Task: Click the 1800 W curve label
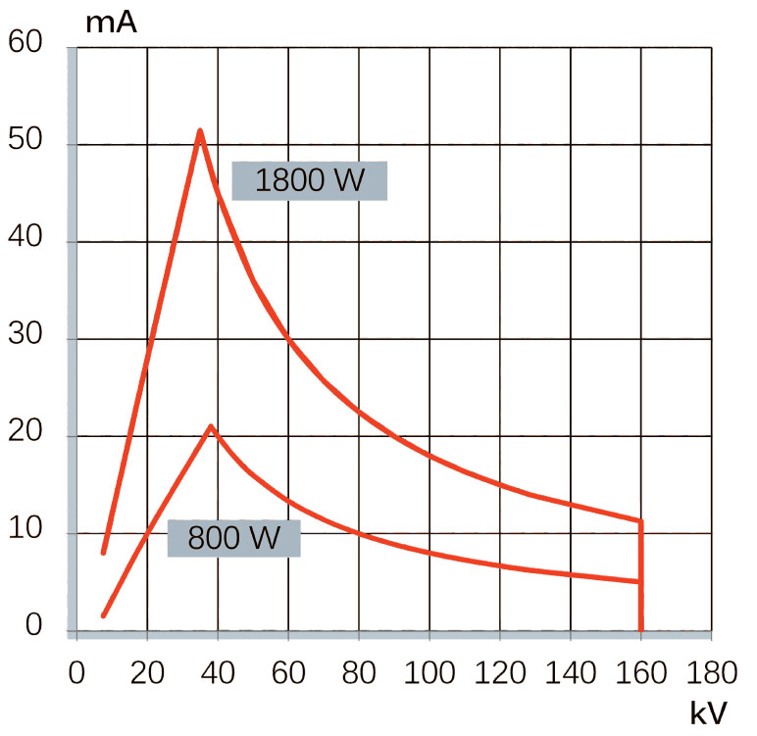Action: click(x=309, y=180)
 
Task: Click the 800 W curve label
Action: click(x=233, y=538)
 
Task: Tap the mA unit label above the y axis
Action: click(x=111, y=22)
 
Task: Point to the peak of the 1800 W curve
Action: click(x=200, y=129)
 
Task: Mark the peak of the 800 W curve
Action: click(x=210, y=426)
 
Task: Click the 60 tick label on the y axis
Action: click(x=27, y=43)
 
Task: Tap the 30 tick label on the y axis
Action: click(x=27, y=339)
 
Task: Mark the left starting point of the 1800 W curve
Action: click(x=104, y=553)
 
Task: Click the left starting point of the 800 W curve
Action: click(x=104, y=615)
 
